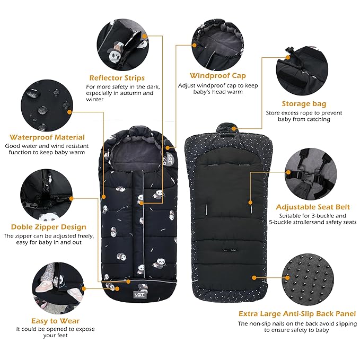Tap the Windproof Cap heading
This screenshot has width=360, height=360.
click(x=210, y=75)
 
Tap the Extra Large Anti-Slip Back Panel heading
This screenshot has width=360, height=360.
click(x=297, y=314)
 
